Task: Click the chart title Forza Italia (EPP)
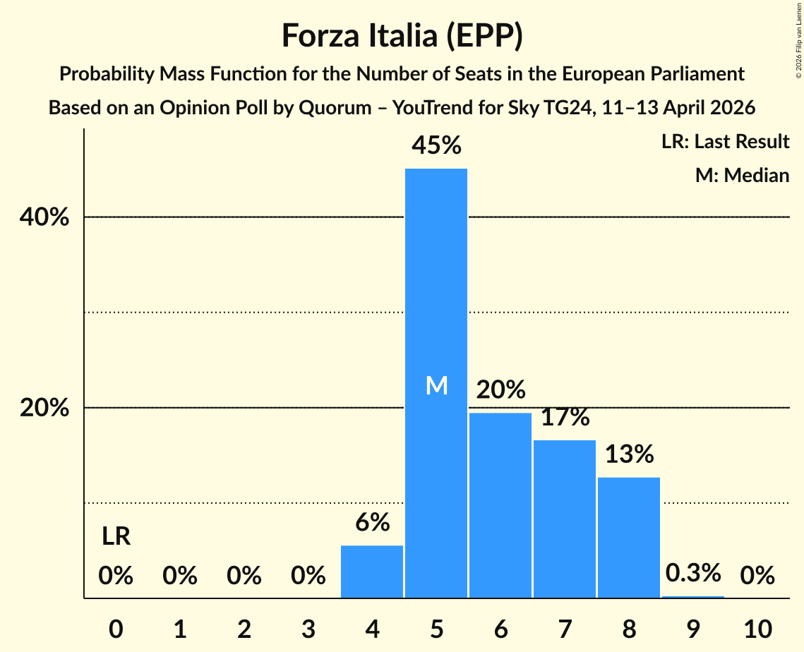tap(402, 36)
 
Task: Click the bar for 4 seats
tap(372, 572)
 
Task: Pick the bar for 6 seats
tap(500, 505)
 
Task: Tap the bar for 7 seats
tap(565, 519)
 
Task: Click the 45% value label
tap(436, 145)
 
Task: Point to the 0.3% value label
tap(693, 572)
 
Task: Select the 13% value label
tap(629, 454)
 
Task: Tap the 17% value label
tap(565, 417)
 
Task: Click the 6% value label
tap(372, 522)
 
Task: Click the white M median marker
tap(436, 385)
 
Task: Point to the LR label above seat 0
tap(116, 537)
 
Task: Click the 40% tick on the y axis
tap(44, 217)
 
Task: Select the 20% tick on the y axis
tap(44, 409)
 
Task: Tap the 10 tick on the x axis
tap(757, 628)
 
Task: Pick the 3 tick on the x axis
tap(308, 628)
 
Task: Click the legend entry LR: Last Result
tap(725, 142)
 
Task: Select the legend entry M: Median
tap(742, 175)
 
